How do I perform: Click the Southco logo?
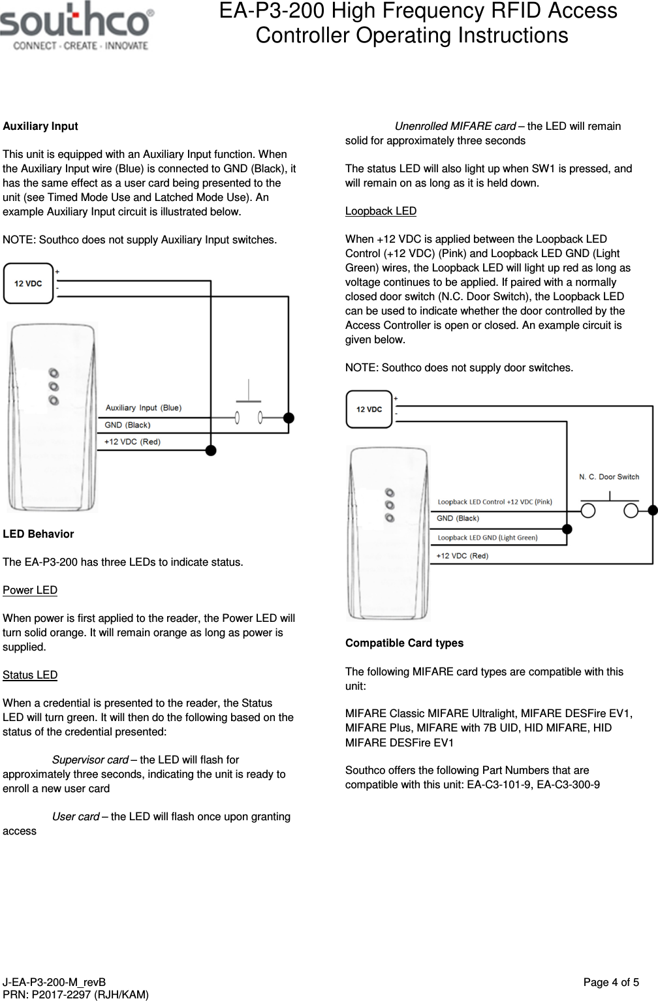point(77,29)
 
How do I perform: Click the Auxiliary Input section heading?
point(40,126)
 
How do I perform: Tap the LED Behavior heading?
point(39,534)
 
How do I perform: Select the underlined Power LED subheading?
point(30,590)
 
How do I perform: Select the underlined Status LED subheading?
point(30,675)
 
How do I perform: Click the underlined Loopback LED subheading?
point(381,211)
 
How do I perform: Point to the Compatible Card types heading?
point(404,643)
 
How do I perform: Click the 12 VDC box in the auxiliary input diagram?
point(28,283)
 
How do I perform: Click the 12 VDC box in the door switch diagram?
point(369,409)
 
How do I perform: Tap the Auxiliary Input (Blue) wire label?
point(144,408)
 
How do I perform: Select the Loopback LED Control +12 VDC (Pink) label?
point(494,502)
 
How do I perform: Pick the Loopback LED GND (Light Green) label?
point(487,538)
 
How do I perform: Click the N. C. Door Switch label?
point(609,477)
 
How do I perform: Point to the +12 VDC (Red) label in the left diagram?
point(133,442)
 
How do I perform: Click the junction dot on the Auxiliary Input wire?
point(289,418)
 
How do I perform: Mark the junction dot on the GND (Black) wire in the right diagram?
point(567,529)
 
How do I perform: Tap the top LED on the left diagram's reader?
point(54,373)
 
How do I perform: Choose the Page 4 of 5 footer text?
point(611,982)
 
